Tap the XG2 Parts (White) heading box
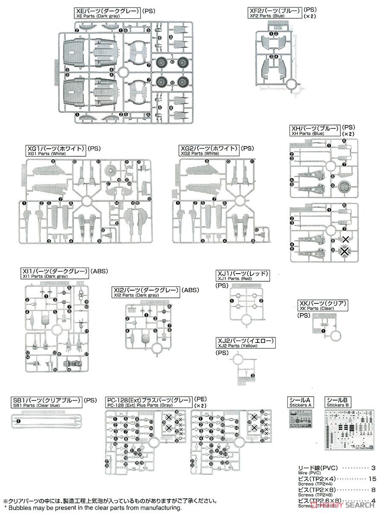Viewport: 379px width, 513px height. [209, 150]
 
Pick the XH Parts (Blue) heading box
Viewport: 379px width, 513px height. [315, 130]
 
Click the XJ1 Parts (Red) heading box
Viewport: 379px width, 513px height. [243, 276]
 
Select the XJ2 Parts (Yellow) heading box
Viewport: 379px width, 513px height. [245, 343]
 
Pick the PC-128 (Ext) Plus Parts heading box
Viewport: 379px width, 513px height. [150, 402]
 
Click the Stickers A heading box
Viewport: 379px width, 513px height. [301, 402]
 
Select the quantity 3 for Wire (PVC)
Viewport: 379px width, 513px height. [373, 468]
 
